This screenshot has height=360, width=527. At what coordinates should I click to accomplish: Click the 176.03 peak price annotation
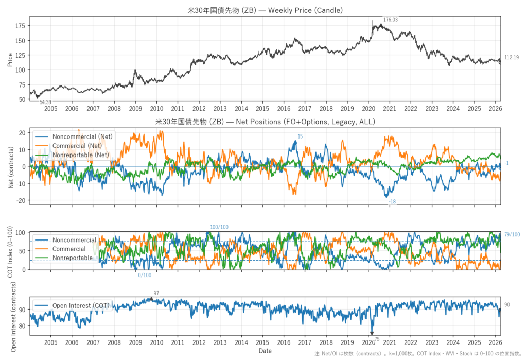tap(391, 20)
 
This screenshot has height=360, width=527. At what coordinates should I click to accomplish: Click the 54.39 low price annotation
tap(46, 102)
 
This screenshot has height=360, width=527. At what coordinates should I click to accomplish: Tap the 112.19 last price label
tap(511, 58)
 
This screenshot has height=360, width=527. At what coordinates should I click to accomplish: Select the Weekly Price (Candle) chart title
tap(265, 10)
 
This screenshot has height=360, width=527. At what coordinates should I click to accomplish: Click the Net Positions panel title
tap(265, 122)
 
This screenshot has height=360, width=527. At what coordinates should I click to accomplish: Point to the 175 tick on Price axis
tap(21, 26)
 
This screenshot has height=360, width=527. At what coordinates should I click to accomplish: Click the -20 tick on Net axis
tap(21, 200)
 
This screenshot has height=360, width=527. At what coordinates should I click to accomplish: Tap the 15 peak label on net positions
tap(300, 136)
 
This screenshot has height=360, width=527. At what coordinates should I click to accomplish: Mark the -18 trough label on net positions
tap(392, 202)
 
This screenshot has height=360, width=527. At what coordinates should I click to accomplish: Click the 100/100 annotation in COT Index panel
tap(219, 227)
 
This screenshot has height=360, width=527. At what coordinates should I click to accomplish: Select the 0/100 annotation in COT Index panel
tap(145, 275)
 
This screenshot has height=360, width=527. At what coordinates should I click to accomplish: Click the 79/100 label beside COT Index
tap(512, 235)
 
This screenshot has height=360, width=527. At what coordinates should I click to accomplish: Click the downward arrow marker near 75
tap(372, 333)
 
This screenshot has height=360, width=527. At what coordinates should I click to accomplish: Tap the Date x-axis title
tap(265, 351)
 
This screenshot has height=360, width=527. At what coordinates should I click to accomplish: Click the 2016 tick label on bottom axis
tap(284, 342)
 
